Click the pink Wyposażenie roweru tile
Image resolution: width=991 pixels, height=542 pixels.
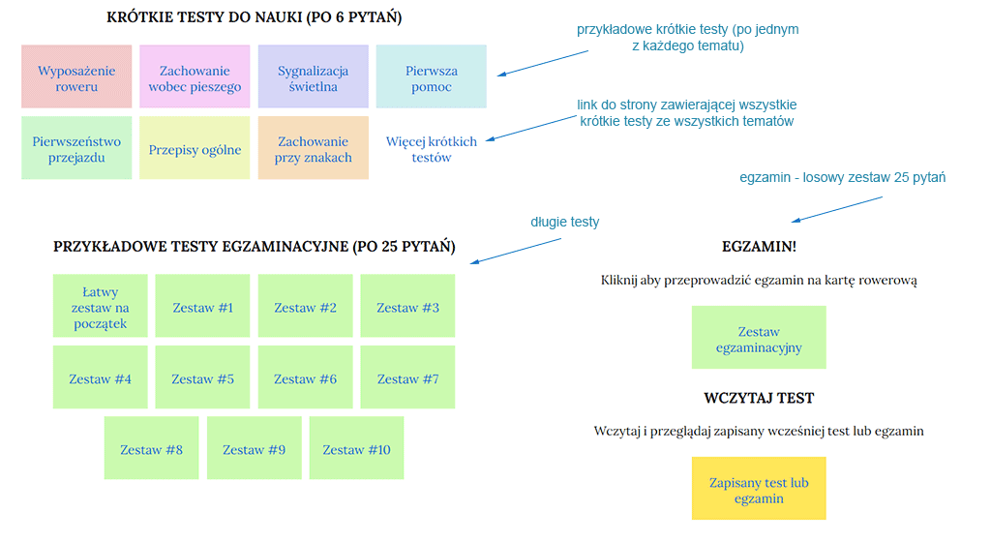76,77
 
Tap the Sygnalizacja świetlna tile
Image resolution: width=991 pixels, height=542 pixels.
313,77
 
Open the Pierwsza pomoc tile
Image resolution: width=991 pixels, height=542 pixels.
432,77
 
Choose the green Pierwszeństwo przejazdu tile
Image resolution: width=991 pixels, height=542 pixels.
76,148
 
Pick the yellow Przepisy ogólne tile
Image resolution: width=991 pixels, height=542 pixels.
195,149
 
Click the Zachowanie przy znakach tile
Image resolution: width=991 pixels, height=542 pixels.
313,148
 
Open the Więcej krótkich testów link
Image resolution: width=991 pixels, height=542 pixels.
432,148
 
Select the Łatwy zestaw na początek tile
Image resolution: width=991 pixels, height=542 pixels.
100,307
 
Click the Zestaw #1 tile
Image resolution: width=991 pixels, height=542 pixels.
202,307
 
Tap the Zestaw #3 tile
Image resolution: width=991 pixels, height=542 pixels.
407,307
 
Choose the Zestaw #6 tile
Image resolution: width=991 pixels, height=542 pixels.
305,378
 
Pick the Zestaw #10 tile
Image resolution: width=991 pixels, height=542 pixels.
356,449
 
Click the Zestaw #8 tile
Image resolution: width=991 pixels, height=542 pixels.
151,449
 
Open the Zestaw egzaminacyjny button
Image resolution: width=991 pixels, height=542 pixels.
759,339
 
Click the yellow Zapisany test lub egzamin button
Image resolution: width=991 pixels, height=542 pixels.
759,490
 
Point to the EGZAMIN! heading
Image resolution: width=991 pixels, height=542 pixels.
759,246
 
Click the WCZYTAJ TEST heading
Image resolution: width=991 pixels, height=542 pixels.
759,398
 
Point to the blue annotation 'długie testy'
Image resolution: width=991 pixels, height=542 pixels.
564,222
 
